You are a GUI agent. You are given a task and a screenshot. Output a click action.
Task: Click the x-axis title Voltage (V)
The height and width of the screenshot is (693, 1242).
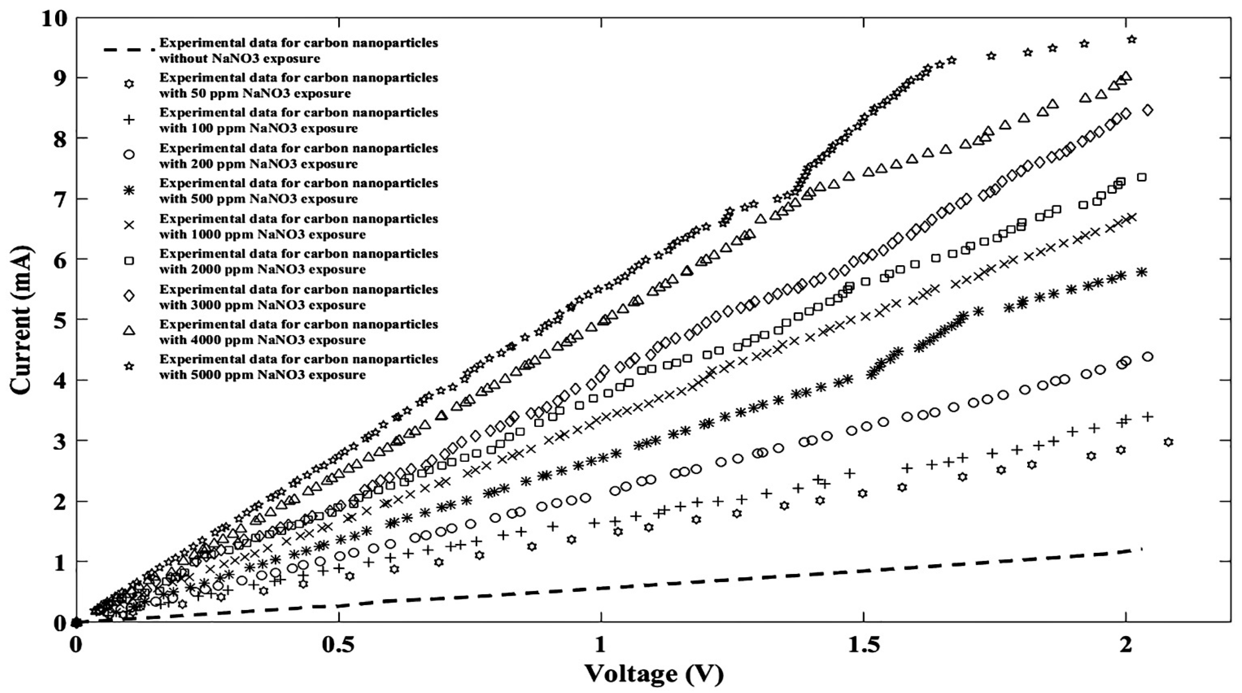654,673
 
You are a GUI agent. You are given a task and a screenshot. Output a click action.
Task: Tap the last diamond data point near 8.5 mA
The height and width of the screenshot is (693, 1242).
1147,110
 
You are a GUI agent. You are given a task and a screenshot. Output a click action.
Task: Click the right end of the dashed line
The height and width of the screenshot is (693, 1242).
1141,549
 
